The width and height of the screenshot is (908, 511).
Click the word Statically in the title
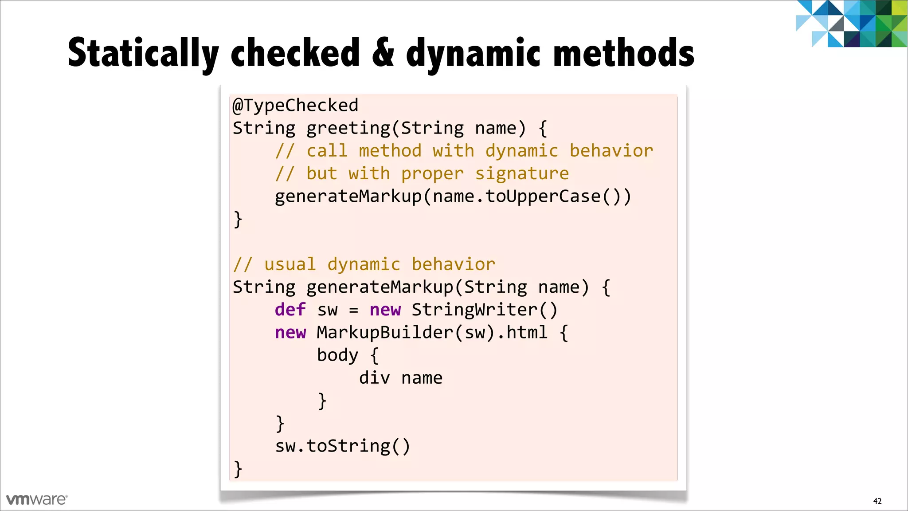[143, 53]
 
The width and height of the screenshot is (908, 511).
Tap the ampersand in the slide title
[383, 53]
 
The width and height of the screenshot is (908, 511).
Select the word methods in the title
[624, 53]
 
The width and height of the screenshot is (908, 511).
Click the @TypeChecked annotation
[295, 106]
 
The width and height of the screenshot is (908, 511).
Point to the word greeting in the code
[348, 128]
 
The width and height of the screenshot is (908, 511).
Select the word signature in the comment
[522, 173]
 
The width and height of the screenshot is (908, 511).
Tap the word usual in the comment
[290, 264]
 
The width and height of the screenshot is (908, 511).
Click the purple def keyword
[290, 310]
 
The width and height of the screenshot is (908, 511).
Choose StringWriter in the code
[474, 310]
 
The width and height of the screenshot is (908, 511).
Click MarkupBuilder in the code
[385, 332]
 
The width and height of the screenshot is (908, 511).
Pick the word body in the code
[337, 355]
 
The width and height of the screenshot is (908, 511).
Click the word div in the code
[374, 378]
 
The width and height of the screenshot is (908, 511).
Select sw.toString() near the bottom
[342, 446]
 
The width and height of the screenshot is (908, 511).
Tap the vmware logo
[37, 499]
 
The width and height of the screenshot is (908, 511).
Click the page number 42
[877, 501]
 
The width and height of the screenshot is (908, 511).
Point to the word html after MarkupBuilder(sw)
[527, 332]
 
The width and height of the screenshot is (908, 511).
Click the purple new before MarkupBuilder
[290, 332]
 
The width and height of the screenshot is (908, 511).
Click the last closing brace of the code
[238, 469]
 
